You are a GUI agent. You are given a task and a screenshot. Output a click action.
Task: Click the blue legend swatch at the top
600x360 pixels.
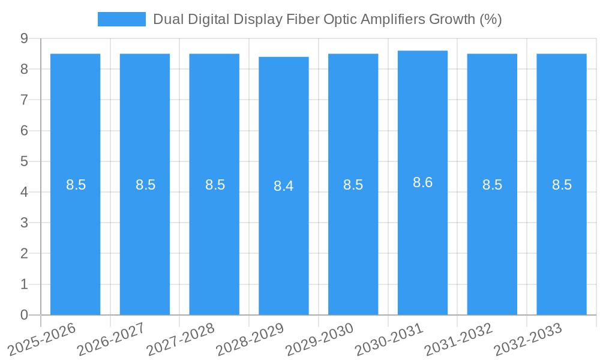121,19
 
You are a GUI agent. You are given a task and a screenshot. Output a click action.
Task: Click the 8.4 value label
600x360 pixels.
284,186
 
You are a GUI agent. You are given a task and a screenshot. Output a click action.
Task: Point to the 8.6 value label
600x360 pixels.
422,182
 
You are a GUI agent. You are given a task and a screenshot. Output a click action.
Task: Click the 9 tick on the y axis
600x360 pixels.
25,38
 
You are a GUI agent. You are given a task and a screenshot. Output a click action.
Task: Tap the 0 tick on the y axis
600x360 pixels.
25,315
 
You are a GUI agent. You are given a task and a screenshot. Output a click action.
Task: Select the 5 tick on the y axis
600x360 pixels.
25,161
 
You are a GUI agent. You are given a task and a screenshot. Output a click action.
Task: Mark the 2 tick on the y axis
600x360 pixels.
25,254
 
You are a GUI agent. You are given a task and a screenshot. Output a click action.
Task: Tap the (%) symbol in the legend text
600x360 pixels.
490,19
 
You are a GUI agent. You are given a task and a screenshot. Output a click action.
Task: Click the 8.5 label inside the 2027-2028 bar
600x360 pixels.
215,185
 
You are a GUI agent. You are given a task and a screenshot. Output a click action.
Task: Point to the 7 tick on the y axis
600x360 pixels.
25,100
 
